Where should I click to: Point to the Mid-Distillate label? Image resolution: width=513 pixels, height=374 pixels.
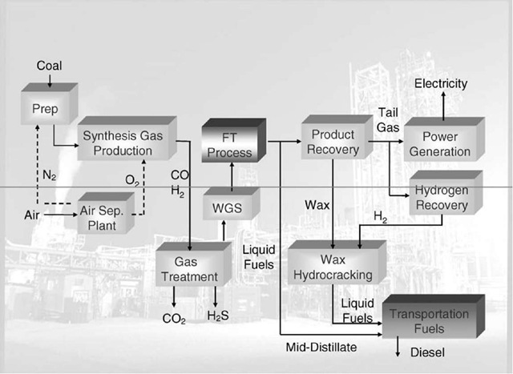click(x=321, y=347)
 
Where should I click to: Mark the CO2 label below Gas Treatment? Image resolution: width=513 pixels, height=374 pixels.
click(x=174, y=319)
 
